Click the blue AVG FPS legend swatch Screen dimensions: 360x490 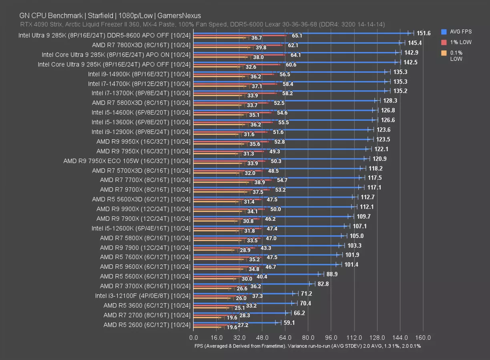pyautogui.click(x=444, y=32)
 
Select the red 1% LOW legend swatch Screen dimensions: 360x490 pyautogui.click(x=444, y=42)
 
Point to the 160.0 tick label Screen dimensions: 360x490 pyautogui.click(x=423, y=338)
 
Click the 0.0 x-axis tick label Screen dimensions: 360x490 pyautogui.click(x=193, y=338)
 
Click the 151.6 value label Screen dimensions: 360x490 pyautogui.click(x=424, y=33)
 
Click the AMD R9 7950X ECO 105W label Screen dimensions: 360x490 pyautogui.click(x=127, y=161)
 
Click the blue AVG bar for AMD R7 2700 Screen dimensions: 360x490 pyautogui.click(x=240, y=312)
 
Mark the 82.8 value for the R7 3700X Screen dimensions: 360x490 pyautogui.click(x=323, y=284)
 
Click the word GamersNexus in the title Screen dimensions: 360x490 pyautogui.click(x=179, y=16)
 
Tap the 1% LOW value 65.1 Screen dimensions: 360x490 pyautogui.click(x=297, y=36)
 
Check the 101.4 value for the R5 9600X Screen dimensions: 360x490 pyautogui.click(x=351, y=264)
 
